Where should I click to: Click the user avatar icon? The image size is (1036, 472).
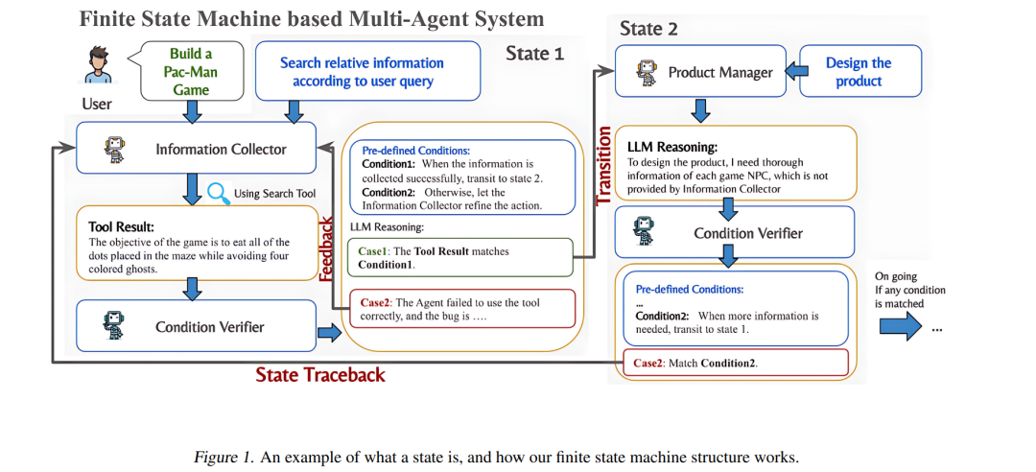pyautogui.click(x=98, y=65)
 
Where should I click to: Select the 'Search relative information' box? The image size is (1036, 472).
pyautogui.click(x=367, y=71)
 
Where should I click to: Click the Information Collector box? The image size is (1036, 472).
pyautogui.click(x=197, y=149)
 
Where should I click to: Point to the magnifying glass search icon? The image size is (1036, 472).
pyautogui.click(x=218, y=193)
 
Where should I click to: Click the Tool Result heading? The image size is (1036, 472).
pyautogui.click(x=121, y=227)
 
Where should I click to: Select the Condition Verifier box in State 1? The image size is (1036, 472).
pyautogui.click(x=197, y=326)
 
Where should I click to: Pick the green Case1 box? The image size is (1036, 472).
pyautogui.click(x=460, y=258)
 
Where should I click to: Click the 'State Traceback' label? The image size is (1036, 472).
pyautogui.click(x=320, y=375)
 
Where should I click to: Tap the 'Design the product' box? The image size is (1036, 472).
pyautogui.click(x=860, y=71)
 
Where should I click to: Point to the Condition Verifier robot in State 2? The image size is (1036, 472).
pyautogui.click(x=645, y=232)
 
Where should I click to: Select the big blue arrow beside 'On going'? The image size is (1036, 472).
pyautogui.click(x=899, y=325)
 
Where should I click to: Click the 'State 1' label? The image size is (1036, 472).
pyautogui.click(x=534, y=54)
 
